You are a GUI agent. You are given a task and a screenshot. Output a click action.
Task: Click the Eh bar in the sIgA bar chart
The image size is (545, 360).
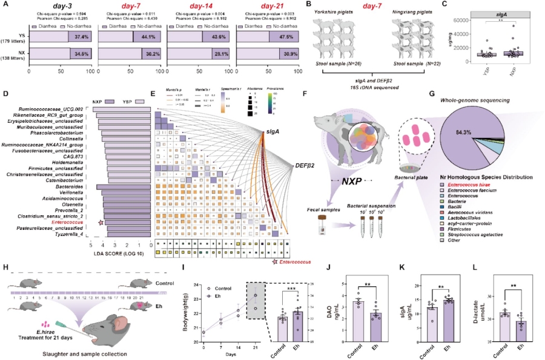tap(449, 315)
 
